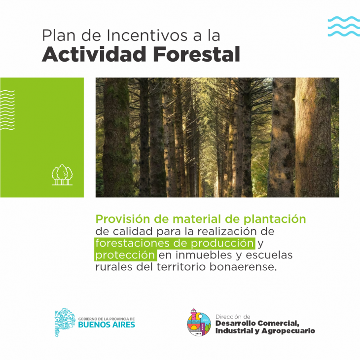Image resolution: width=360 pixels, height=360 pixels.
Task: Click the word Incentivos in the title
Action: (147, 36)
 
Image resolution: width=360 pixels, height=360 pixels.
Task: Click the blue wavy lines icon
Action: (344, 27)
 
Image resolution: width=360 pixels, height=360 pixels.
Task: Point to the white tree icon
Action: (62, 175)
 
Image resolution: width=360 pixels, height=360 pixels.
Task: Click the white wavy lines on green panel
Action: (7, 110)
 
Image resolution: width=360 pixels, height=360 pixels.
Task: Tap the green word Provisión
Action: (123, 219)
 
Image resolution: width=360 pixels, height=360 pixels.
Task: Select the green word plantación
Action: (275, 219)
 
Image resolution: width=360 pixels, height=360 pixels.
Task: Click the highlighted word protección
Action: (125, 255)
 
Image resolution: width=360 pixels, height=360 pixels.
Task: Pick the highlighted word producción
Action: (222, 243)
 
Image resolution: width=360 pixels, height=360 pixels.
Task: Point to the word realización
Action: (227, 231)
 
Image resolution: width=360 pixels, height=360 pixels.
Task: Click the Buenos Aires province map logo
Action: (65, 323)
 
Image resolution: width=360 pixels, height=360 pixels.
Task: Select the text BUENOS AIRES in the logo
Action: (107, 324)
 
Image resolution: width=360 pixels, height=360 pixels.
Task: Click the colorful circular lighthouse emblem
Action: (199, 323)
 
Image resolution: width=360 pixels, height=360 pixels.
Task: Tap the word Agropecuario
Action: (288, 331)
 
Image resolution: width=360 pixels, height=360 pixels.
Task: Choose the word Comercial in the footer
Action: (278, 324)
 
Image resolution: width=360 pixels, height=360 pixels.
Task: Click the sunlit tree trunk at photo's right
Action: (314, 137)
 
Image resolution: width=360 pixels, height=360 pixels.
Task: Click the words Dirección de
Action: (233, 317)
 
